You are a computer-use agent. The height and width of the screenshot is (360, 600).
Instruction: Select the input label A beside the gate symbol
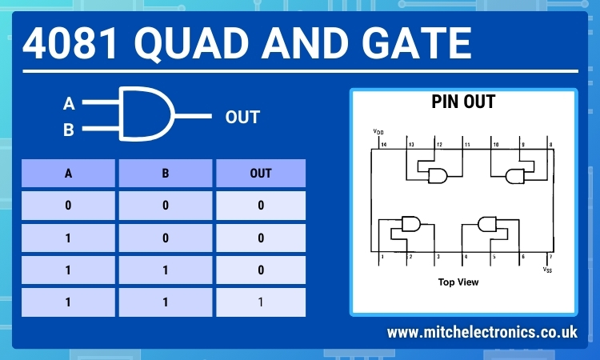(69, 104)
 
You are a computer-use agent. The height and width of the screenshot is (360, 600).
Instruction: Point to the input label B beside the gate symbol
(69, 129)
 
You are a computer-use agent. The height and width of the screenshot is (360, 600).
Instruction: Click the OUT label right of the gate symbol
(242, 118)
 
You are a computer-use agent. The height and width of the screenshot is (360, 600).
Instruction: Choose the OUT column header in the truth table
(260, 173)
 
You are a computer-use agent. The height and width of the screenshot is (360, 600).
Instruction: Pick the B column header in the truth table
(166, 173)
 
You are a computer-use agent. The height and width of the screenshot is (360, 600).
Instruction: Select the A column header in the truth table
(68, 173)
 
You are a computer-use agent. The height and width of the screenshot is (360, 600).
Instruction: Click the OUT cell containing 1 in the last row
(260, 302)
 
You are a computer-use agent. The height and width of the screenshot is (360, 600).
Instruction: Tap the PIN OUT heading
(463, 102)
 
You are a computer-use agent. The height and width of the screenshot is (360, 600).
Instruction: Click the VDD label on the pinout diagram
(378, 131)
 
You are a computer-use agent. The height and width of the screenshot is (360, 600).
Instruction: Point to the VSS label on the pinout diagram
(547, 270)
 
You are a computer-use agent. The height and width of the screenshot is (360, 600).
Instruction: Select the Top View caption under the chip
(458, 282)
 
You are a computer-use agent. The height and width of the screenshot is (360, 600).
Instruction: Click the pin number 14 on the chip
(382, 144)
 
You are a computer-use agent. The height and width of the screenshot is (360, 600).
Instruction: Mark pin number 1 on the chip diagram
(382, 257)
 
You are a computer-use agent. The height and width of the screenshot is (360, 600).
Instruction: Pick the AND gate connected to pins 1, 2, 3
(411, 223)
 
